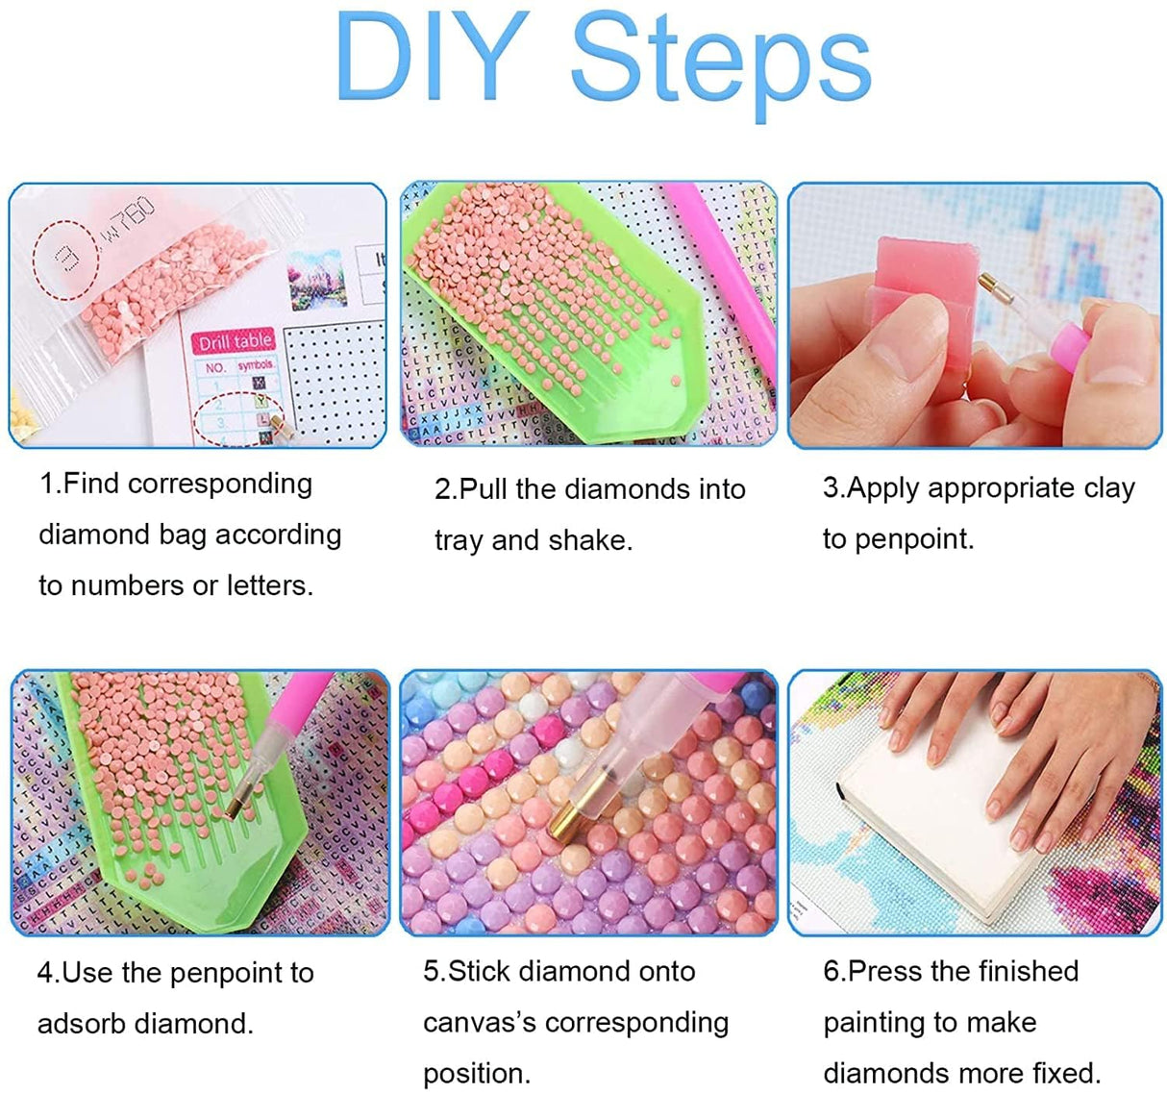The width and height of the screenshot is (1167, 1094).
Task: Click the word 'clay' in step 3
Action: (1108, 488)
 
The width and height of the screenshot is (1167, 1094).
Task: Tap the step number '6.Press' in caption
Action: (871, 972)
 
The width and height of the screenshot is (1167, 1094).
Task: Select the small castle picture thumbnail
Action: (317, 279)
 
